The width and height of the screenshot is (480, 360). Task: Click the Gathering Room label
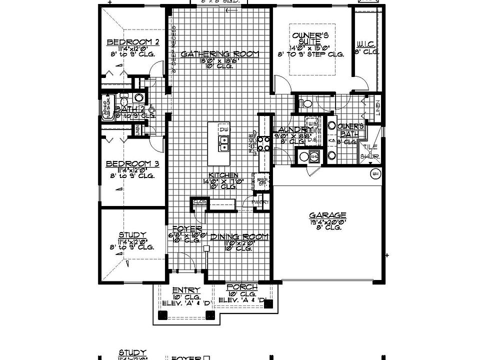(219, 53)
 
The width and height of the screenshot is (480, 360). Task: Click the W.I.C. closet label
(366, 44)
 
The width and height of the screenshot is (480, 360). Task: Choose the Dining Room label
(239, 236)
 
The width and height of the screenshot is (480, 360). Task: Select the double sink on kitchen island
(223, 143)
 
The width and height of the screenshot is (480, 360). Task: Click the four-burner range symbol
(265, 143)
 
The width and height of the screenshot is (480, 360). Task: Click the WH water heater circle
(375, 174)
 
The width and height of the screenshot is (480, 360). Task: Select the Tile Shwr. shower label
(370, 151)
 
